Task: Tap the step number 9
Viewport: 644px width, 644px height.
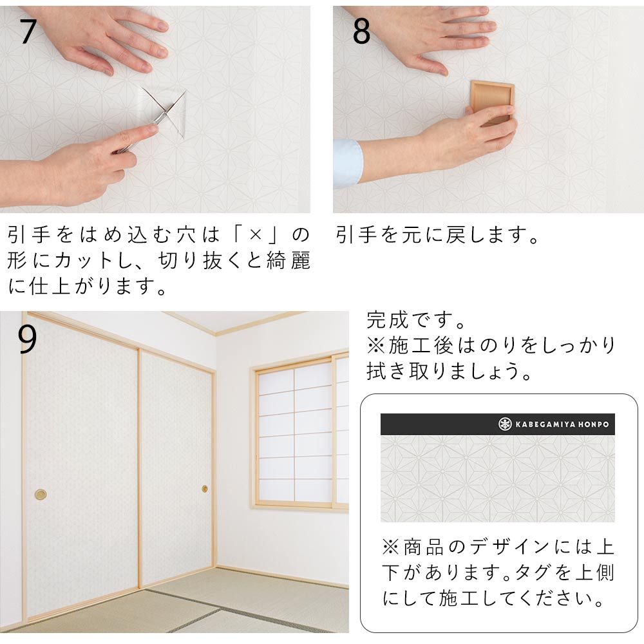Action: pos(27,339)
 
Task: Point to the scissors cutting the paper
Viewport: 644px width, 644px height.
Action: pos(153,120)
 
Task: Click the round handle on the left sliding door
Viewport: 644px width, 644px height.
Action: pos(40,494)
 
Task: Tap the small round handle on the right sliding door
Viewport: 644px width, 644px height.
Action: pos(205,489)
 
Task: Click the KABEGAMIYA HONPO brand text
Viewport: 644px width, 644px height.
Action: pos(562,424)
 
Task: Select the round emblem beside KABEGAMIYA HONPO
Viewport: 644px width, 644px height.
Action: pos(505,424)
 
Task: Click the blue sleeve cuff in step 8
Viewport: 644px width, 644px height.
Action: pos(348,160)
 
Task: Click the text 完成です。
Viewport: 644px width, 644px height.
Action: pos(415,320)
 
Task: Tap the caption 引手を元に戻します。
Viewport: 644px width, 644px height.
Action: pos(437,235)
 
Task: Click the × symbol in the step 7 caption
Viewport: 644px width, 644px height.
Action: pos(255,235)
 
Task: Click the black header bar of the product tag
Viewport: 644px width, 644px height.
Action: pos(497,424)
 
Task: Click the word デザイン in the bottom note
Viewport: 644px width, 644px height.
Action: pos(509,547)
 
